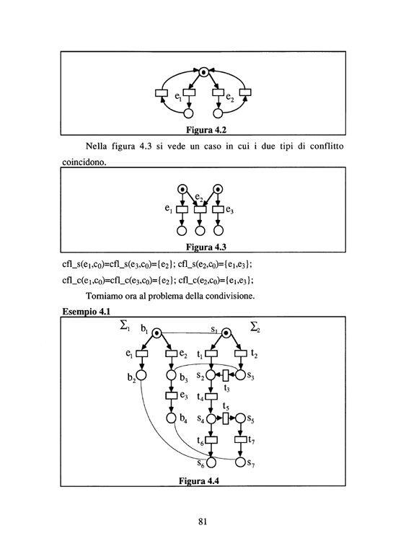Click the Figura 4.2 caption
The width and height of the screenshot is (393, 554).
pyautogui.click(x=206, y=130)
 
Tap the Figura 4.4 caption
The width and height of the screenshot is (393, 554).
pyautogui.click(x=199, y=481)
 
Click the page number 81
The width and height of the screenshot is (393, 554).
pyautogui.click(x=203, y=522)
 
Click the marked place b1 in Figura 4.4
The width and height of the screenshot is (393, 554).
pyautogui.click(x=156, y=333)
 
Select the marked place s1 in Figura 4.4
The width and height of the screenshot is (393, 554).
pyautogui.click(x=226, y=333)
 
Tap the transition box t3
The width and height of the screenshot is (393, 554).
pyautogui.click(x=226, y=375)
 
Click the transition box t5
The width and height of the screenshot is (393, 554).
pyautogui.click(x=226, y=418)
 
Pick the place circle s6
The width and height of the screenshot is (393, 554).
pyautogui.click(x=211, y=462)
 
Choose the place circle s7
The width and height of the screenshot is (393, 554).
pyautogui.click(x=240, y=462)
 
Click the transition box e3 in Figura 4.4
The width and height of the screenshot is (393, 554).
pyautogui.click(x=171, y=396)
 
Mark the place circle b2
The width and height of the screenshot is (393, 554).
pyautogui.click(x=141, y=375)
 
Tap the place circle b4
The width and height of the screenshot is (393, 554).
pyautogui.click(x=171, y=418)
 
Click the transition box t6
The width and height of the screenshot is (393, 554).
pyautogui.click(x=211, y=440)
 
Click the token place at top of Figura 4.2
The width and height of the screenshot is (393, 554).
pyautogui.click(x=203, y=72)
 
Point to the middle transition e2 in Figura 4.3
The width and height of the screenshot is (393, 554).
pyautogui.click(x=200, y=209)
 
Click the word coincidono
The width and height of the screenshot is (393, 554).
pyautogui.click(x=84, y=162)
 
